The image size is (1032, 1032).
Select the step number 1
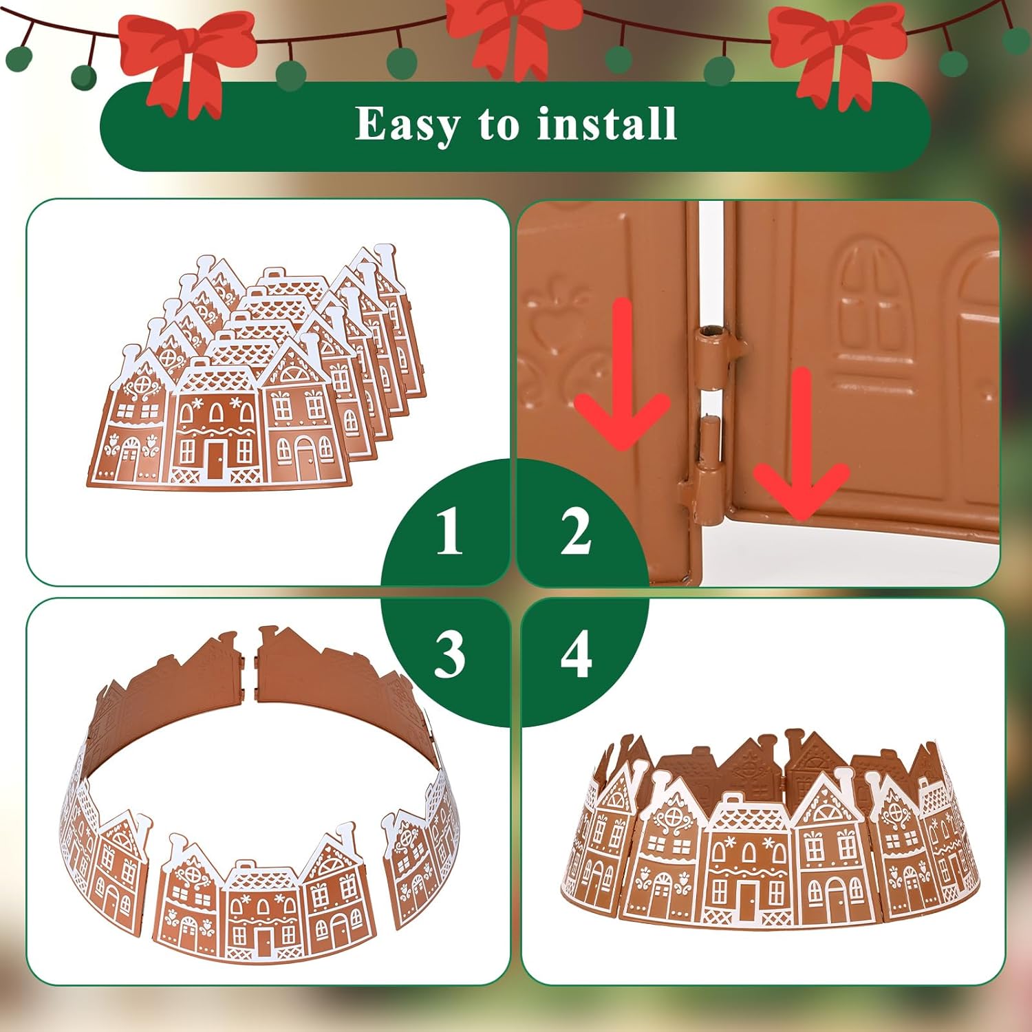(449, 530)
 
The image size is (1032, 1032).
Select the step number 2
(576, 530)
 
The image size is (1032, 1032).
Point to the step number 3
(449, 654)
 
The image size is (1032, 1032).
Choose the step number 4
(576, 654)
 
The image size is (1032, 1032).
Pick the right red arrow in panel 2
(801, 447)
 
